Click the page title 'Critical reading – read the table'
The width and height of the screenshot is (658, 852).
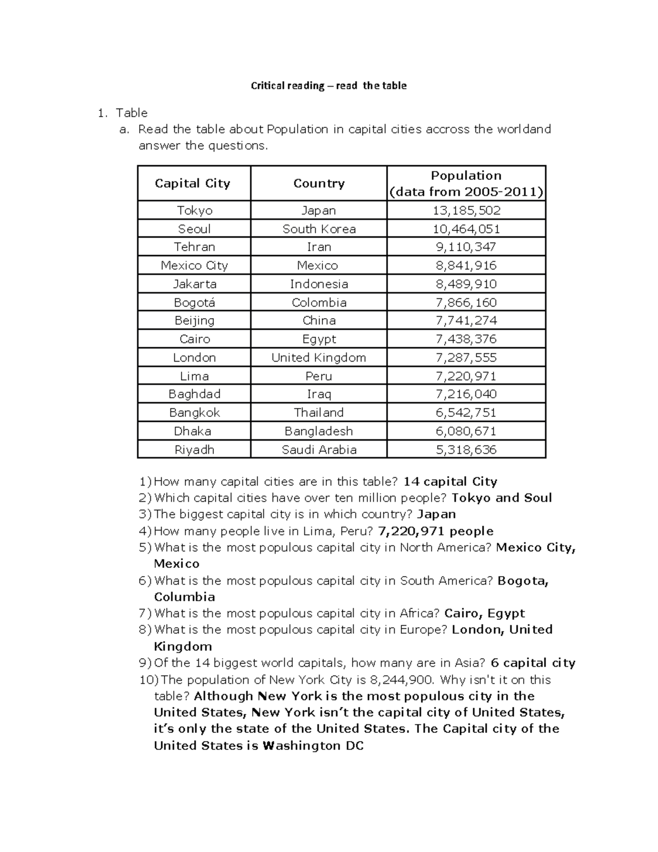tap(328, 86)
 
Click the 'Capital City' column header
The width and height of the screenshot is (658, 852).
tap(192, 183)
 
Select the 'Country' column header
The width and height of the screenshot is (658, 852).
tap(319, 183)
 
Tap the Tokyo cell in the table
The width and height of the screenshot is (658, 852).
tap(194, 211)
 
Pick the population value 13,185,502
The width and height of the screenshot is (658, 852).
tap(466, 211)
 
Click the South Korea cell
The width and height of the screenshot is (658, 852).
tap(319, 229)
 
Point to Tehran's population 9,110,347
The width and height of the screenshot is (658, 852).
tap(466, 247)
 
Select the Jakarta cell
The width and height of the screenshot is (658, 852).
tap(194, 284)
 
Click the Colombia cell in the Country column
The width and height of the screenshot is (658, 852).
tap(319, 303)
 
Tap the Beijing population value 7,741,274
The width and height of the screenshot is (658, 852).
tap(466, 321)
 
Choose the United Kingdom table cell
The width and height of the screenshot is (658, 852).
tap(319, 358)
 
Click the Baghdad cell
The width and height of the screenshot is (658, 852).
tap(194, 394)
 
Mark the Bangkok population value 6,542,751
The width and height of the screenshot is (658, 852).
tap(466, 413)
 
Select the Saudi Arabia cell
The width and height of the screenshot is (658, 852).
tap(319, 450)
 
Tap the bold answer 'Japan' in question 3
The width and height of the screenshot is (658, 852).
tap(436, 515)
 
